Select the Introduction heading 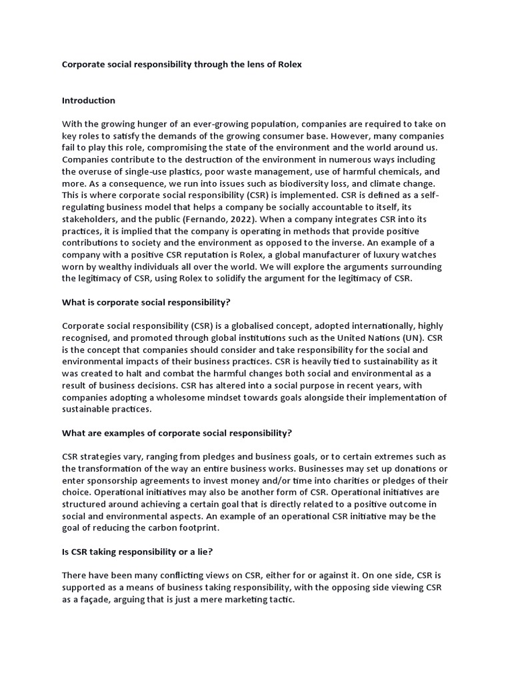tap(89, 101)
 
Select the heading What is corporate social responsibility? tap(146, 302)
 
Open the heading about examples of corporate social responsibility tap(177, 433)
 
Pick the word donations tap(417, 468)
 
